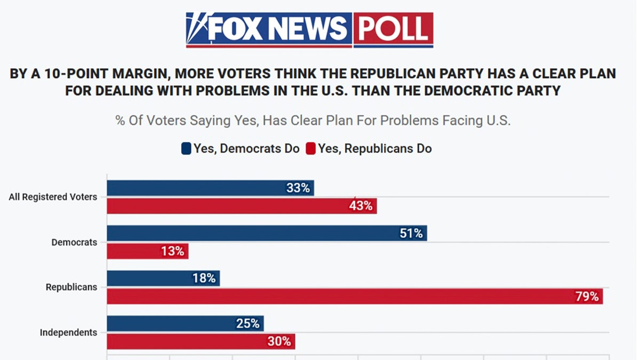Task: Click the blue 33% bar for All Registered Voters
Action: pos(210,188)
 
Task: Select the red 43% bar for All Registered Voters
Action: pos(242,205)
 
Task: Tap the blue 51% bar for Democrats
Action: pos(267,233)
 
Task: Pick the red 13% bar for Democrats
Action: pos(148,251)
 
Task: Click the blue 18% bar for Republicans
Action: pos(163,278)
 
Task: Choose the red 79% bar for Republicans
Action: pos(355,296)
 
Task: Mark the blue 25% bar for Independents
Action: pos(185,323)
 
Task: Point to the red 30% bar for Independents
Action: pos(201,341)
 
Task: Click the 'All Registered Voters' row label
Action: pos(53,197)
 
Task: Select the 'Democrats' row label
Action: pos(74,242)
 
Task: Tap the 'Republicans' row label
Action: pos(71,287)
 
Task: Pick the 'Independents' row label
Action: pos(68,332)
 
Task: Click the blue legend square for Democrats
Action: pos(186,149)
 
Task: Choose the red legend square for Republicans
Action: pos(310,149)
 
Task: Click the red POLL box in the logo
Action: pos(393,29)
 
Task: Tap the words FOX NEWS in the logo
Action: pos(277,29)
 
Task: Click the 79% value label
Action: pos(587,297)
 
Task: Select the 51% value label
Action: pos(411,233)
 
